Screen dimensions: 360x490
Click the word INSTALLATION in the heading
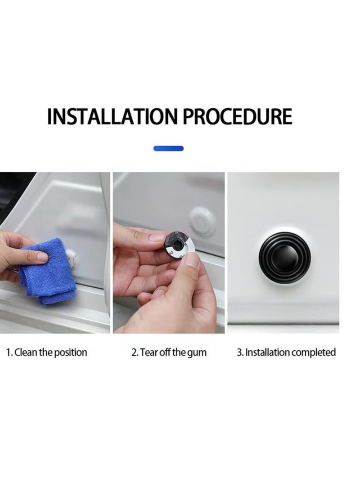(112, 116)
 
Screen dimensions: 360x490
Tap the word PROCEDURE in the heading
(237, 116)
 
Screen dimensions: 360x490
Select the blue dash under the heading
(168, 148)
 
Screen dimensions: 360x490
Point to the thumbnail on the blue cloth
(42, 257)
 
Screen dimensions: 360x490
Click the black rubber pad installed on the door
(284, 258)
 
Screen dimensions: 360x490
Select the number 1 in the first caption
(9, 352)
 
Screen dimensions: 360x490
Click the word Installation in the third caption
(267, 352)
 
